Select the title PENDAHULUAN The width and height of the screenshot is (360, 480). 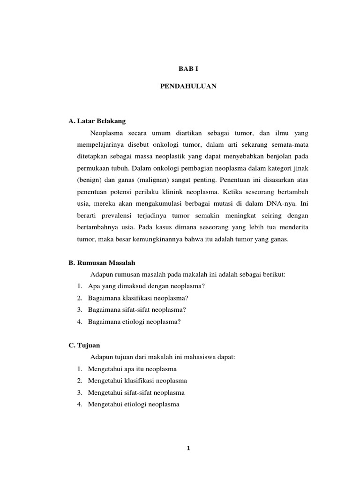point(188,87)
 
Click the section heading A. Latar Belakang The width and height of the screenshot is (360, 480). point(97,121)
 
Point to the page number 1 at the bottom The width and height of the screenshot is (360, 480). point(188,448)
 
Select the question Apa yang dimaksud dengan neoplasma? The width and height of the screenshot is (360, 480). point(147,286)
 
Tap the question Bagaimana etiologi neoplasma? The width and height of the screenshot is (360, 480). point(134,321)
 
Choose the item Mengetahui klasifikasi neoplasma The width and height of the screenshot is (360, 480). point(137,380)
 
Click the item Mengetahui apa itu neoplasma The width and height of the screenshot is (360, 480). point(132,369)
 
